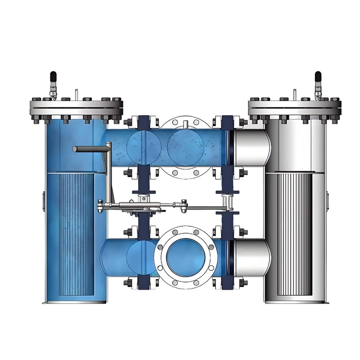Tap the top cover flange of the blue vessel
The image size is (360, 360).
76,108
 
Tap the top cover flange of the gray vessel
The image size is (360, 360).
294,108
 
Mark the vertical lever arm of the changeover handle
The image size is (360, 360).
108,175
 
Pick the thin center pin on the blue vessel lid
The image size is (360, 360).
77,95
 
